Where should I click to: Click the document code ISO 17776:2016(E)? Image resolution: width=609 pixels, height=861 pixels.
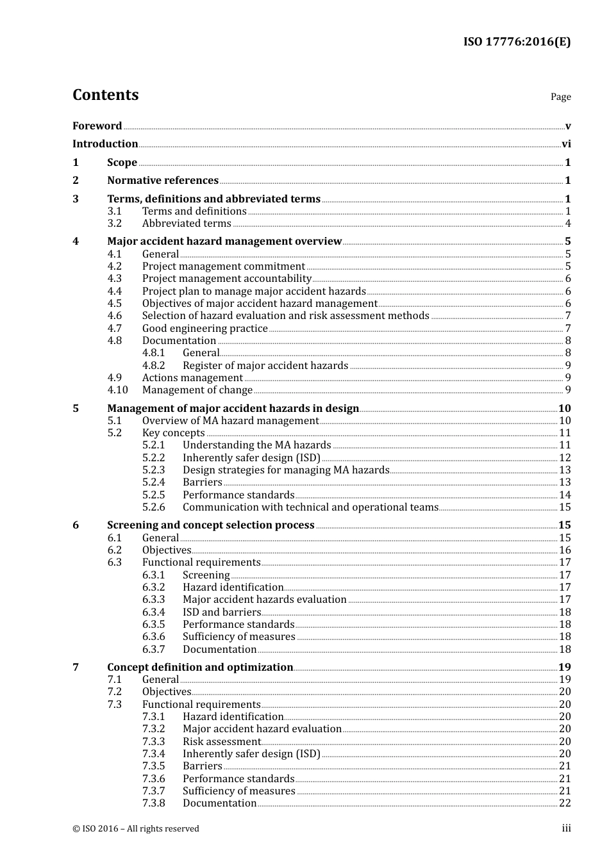coord(517,42)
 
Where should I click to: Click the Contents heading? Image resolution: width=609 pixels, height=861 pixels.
coord(105,95)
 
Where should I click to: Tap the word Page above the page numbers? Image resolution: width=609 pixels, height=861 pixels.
coord(560,97)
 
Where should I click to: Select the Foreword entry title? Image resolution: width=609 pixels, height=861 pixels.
coord(97,126)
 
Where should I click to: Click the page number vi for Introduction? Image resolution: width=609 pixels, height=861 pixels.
coord(566,144)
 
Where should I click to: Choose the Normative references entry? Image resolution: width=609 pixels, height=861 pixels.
coord(163,181)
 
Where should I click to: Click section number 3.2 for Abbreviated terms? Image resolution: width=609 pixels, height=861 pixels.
coord(115,224)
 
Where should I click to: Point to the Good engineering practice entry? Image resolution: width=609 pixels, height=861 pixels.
coord(204,329)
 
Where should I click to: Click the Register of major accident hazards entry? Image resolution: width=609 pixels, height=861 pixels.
coord(265,366)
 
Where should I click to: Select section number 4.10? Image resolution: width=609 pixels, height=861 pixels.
coord(117,390)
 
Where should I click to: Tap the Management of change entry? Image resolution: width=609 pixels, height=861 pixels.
coord(197,390)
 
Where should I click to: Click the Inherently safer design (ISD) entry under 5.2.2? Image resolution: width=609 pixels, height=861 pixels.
coord(251,458)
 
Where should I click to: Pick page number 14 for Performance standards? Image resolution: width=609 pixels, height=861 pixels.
coord(565,495)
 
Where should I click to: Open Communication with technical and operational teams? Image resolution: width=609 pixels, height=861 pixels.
coord(310,507)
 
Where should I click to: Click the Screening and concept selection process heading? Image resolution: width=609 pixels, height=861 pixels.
coord(211,525)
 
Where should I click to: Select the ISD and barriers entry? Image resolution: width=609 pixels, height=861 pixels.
coord(222,612)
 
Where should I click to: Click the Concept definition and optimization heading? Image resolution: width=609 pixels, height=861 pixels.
coord(200,668)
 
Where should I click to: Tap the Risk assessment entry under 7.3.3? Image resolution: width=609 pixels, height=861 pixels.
coord(222,742)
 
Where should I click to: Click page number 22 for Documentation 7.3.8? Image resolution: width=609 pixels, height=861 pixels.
coord(565,803)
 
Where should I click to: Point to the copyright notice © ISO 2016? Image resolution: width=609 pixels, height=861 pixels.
coord(136,829)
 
